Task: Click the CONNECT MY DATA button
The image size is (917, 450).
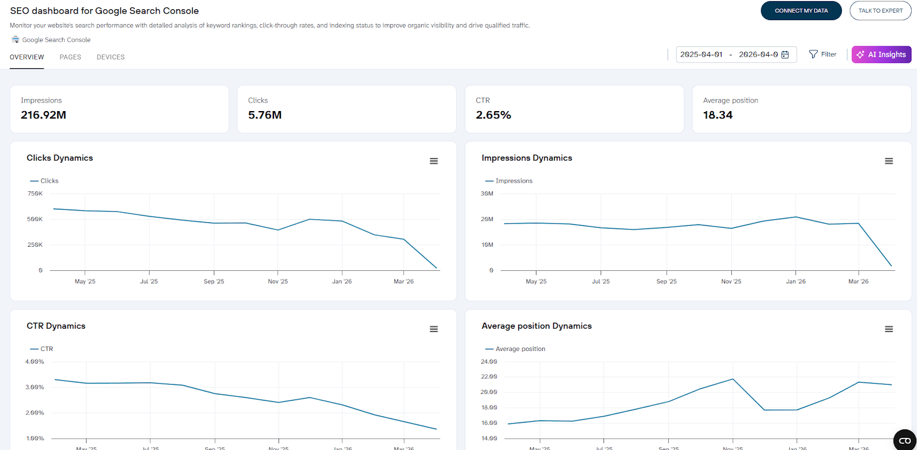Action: click(x=801, y=11)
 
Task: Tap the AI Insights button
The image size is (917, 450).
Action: click(x=881, y=54)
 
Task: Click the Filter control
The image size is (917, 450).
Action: click(x=822, y=54)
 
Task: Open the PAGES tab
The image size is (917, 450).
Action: click(x=70, y=57)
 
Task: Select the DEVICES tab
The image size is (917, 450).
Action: click(x=111, y=57)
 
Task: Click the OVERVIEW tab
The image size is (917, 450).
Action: click(x=27, y=57)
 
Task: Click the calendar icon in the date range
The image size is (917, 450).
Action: click(x=785, y=54)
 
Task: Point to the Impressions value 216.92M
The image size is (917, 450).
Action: click(x=44, y=115)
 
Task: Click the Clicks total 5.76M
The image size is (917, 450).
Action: click(x=265, y=115)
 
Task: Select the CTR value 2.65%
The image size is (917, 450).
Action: click(x=493, y=115)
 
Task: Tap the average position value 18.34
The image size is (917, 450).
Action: click(x=718, y=115)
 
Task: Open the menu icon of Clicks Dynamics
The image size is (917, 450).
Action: click(x=434, y=161)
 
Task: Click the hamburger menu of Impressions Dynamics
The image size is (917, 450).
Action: click(x=889, y=161)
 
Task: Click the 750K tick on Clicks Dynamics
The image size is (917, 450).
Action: click(x=35, y=194)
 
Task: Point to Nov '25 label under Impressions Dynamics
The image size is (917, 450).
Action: click(x=731, y=282)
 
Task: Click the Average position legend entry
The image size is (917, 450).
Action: click(x=520, y=349)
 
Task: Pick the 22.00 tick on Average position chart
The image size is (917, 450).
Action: click(x=489, y=377)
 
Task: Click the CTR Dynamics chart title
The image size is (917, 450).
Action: click(x=56, y=326)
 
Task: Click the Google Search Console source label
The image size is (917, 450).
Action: click(x=56, y=40)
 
